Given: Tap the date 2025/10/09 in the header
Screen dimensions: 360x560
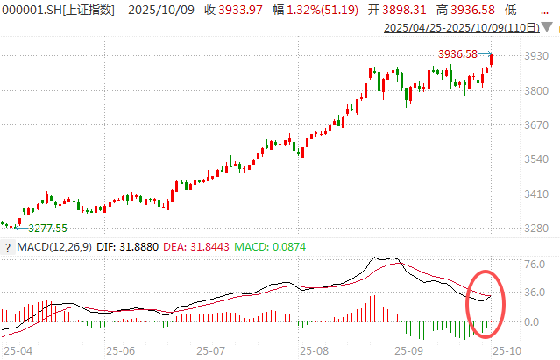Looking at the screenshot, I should point(160,10).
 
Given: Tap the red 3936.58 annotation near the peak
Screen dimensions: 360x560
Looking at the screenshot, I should point(458,53).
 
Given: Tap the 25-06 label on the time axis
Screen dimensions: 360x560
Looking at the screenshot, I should point(126,349).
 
